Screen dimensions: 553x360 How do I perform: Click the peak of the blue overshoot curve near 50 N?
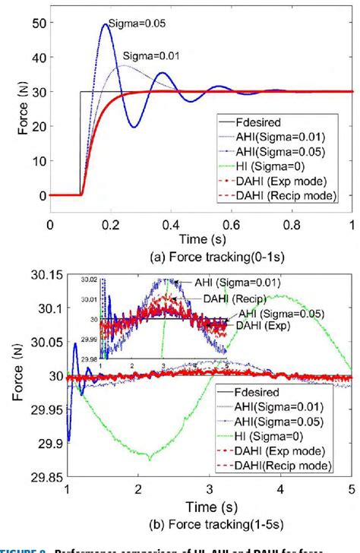[105, 24]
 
